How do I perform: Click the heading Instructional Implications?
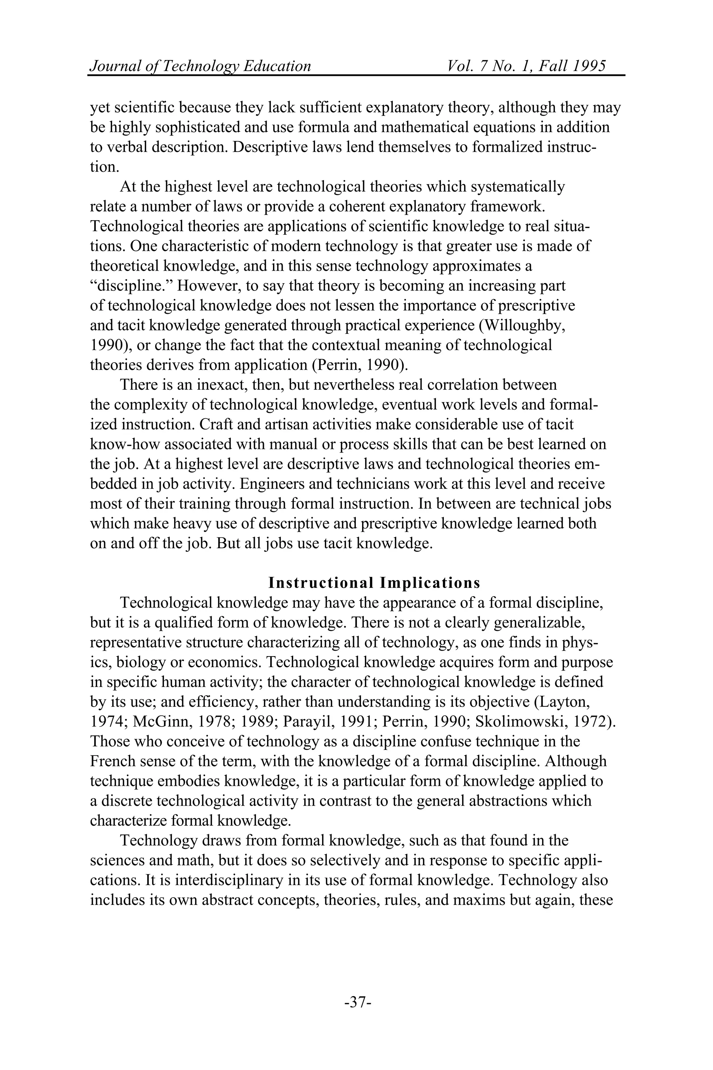coord(374,583)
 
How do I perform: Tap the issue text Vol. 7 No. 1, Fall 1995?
coord(526,66)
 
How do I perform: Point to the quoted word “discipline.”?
coord(131,286)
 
